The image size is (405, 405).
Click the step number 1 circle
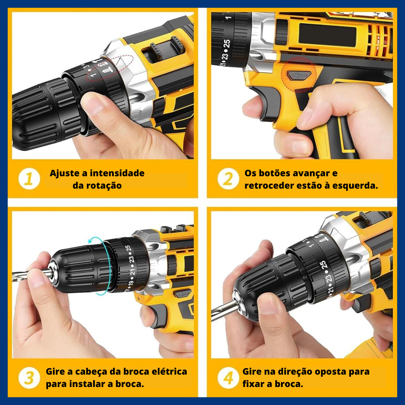click(x=29, y=179)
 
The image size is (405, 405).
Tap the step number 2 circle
click(x=228, y=179)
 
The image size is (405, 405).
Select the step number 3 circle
click(x=29, y=378)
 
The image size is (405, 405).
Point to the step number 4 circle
click(x=228, y=378)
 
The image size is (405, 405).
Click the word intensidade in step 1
click(x=117, y=173)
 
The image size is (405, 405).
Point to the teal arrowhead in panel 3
click(x=91, y=241)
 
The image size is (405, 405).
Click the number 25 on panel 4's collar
click(x=323, y=264)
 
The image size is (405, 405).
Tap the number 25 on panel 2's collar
click(x=227, y=43)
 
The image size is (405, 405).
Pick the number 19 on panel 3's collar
click(x=131, y=283)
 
